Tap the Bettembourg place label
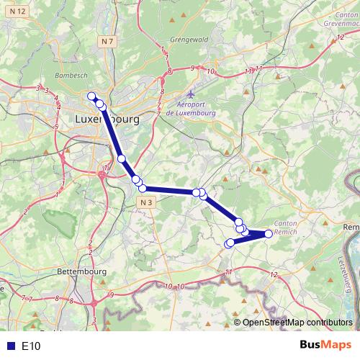point(81,272)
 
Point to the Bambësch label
point(71,75)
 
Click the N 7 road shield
point(108,42)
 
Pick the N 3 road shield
point(146,202)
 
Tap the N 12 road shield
point(19,12)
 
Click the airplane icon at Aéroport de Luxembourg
point(190,94)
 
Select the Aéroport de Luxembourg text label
point(190,109)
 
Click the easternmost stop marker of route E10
point(269,233)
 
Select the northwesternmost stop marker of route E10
point(91,96)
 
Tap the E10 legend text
point(32,346)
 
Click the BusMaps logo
point(325,346)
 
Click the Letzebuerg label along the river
point(338,274)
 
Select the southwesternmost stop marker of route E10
point(228,244)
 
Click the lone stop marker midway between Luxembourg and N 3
point(122,158)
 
